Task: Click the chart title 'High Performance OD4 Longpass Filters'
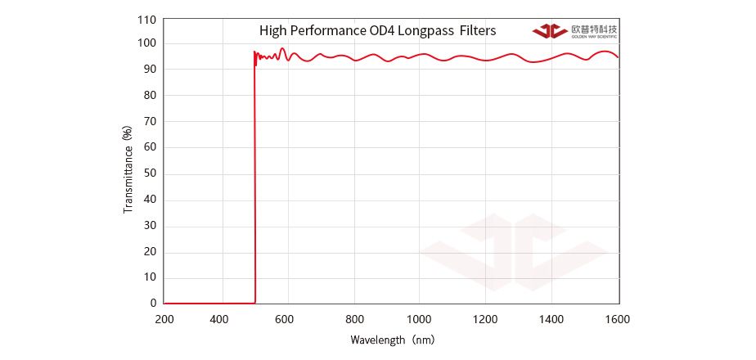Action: [x=377, y=31]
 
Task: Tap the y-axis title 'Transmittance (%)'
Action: [x=128, y=169]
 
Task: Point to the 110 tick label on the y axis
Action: [x=147, y=18]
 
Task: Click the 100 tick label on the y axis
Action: [x=147, y=43]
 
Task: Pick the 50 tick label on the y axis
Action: [x=150, y=173]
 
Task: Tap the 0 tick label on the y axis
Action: [x=153, y=303]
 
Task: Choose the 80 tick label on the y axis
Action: [x=150, y=96]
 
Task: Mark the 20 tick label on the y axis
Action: [x=150, y=251]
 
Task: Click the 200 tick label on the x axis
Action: [x=164, y=319]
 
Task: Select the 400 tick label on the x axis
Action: [x=219, y=319]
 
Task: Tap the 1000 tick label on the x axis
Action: [x=420, y=319]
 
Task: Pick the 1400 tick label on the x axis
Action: [x=552, y=319]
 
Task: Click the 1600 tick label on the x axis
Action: [x=618, y=319]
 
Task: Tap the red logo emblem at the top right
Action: [x=550, y=31]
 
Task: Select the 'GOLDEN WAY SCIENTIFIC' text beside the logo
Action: [x=594, y=37]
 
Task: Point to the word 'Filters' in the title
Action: [x=477, y=31]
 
